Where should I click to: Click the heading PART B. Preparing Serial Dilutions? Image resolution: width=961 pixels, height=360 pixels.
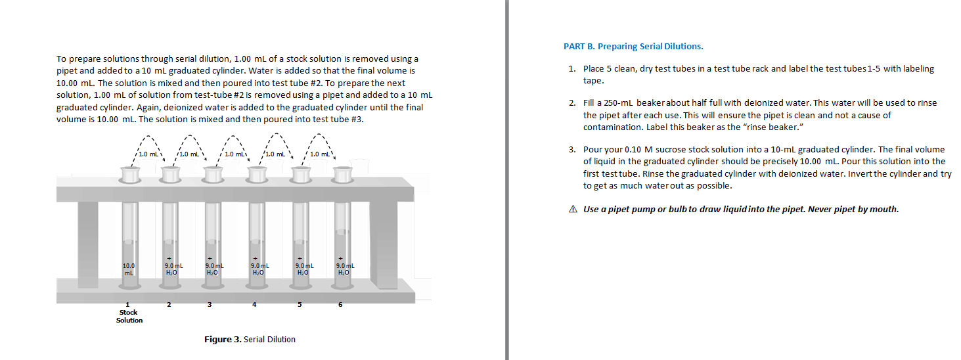[x=633, y=47]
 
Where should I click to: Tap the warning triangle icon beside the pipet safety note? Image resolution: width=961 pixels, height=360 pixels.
[x=573, y=210]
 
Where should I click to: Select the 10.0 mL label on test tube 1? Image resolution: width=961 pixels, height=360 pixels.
[x=129, y=268]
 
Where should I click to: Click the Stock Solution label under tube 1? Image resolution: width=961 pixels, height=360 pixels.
[x=129, y=316]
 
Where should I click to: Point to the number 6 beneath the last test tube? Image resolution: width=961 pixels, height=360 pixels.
[x=340, y=304]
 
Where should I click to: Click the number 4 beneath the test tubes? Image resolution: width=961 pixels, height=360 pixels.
[x=254, y=304]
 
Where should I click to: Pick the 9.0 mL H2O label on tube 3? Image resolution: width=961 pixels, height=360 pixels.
[x=212, y=268]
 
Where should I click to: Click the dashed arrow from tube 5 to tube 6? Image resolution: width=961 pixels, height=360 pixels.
[x=320, y=141]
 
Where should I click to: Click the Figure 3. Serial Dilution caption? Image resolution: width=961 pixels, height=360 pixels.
[x=250, y=340]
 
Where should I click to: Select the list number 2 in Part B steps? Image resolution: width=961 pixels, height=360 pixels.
[x=572, y=103]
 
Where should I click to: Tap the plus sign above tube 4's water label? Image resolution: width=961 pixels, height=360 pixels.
[x=255, y=258]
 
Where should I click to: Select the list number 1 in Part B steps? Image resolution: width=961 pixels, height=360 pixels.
[x=572, y=69]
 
